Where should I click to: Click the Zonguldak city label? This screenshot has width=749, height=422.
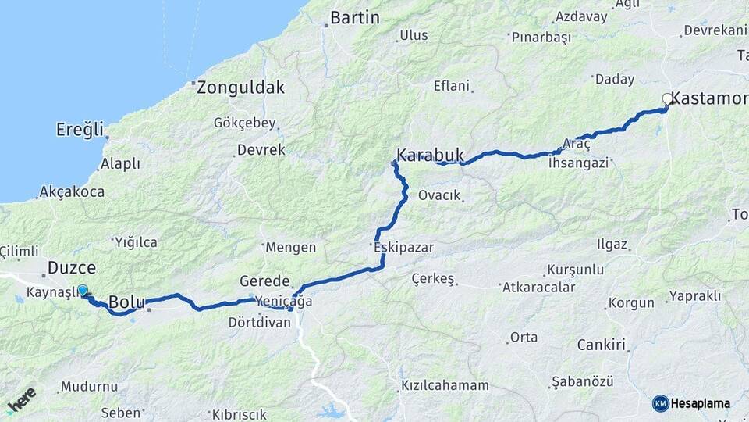coord(240,88)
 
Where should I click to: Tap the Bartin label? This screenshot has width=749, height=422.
coord(355,17)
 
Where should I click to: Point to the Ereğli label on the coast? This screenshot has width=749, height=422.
coord(80,129)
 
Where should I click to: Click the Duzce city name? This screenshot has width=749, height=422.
coord(72,268)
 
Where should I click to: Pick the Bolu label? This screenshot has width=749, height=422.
coord(126,302)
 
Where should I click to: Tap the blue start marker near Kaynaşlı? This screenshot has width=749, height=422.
coord(83,291)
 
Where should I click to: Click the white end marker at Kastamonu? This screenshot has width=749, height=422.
coord(667,99)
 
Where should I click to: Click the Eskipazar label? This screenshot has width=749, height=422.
coord(403,247)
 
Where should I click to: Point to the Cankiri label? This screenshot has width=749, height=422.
coord(602,345)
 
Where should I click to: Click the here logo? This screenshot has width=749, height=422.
coord(21,400)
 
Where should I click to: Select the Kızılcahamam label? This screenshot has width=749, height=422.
coord(445,386)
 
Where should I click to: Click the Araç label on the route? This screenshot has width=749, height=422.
coord(577,145)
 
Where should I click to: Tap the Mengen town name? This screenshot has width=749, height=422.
coord(290,248)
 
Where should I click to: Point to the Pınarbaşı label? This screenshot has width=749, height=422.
coord(541,37)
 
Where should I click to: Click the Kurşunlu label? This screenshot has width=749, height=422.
coord(576,270)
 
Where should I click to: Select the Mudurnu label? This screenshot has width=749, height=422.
coord(88,387)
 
